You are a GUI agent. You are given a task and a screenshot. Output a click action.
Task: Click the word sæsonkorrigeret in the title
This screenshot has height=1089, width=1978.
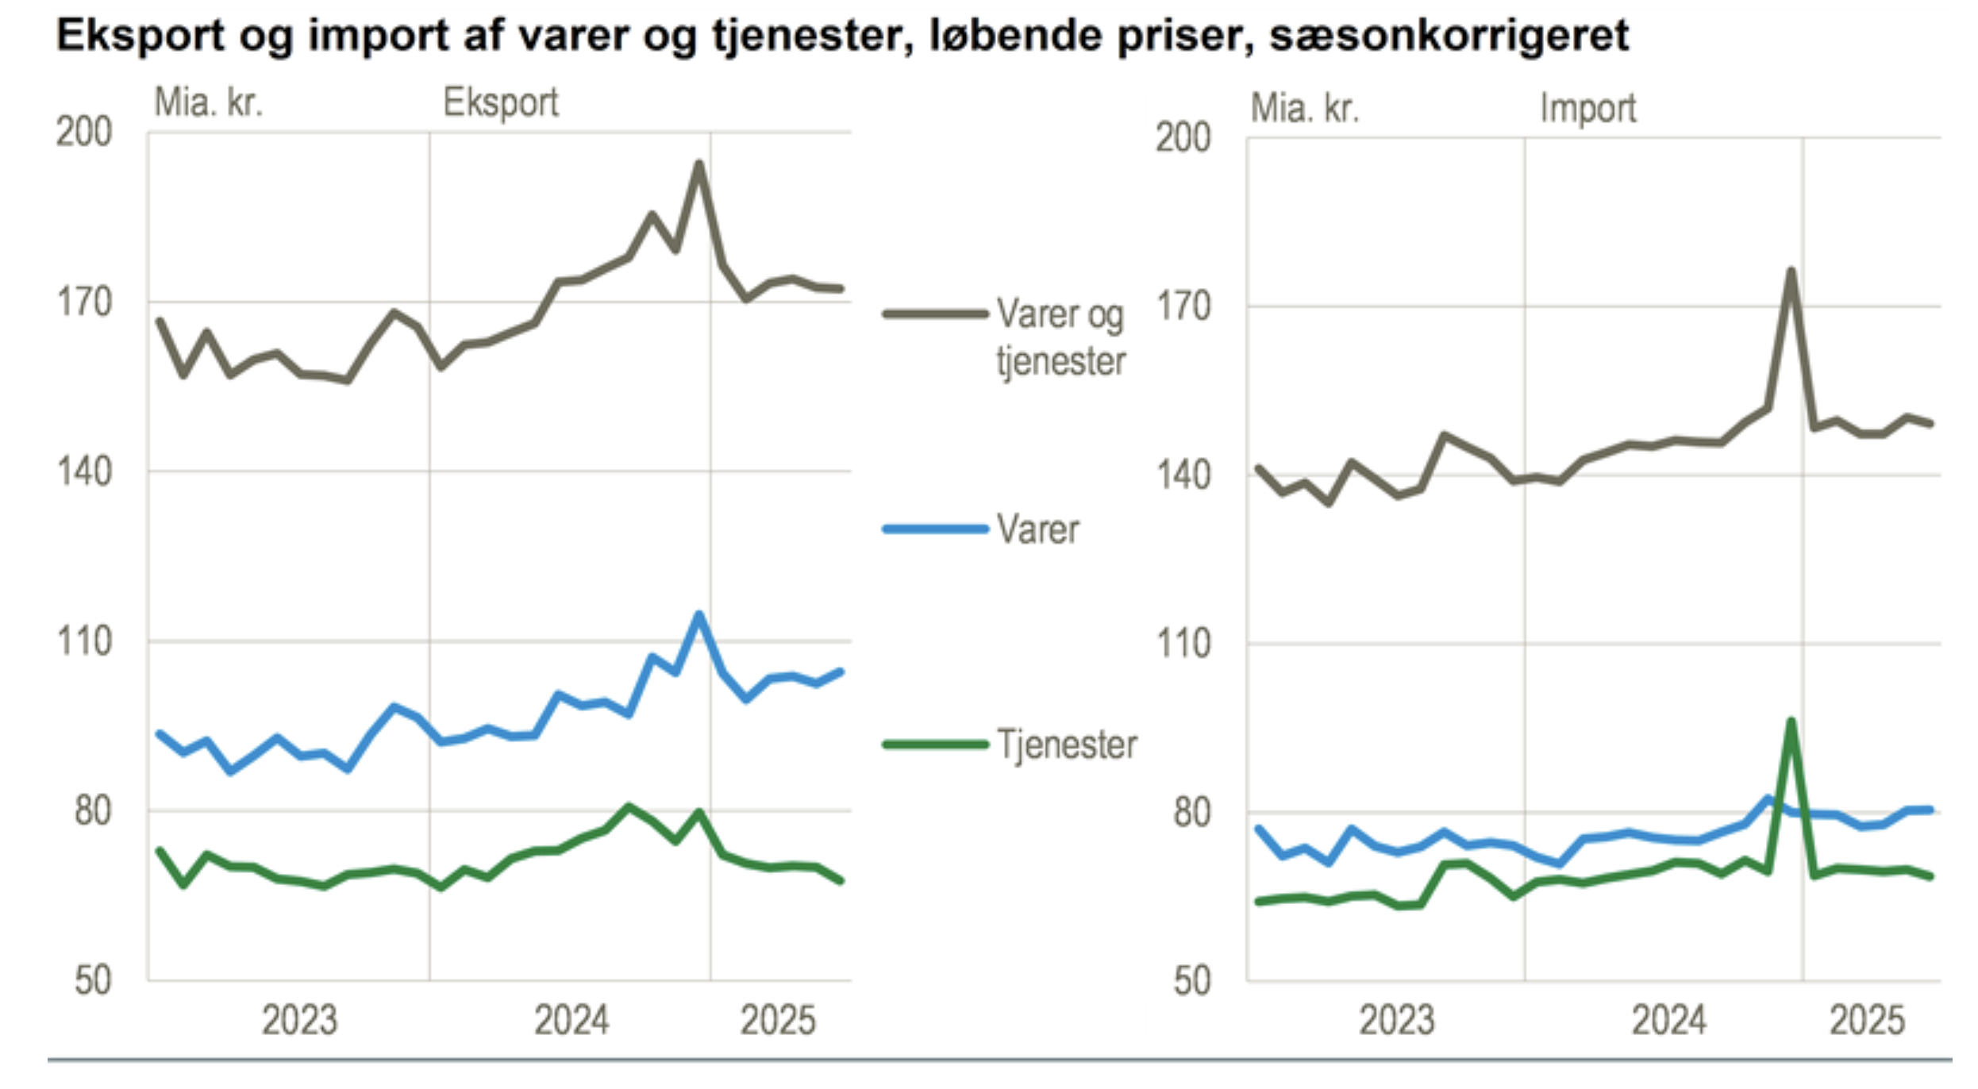point(1449,36)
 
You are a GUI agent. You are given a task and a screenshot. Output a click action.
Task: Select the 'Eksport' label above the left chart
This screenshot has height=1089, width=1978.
point(500,103)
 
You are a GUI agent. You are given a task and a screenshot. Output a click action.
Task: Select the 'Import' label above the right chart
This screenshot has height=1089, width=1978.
point(1587,108)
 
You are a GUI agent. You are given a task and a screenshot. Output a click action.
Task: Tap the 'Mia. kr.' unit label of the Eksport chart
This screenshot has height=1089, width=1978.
point(208,103)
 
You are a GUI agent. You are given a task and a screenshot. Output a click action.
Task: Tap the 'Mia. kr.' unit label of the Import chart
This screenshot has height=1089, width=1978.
point(1305,108)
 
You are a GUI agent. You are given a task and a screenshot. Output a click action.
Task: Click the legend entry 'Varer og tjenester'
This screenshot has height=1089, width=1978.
point(1060,337)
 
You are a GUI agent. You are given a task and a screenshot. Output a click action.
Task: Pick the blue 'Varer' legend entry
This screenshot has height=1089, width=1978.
point(1037,529)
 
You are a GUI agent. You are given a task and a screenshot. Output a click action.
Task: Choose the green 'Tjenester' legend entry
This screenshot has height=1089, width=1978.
point(1066,745)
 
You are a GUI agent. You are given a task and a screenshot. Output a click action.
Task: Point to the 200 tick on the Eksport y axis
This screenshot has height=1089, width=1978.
point(84,133)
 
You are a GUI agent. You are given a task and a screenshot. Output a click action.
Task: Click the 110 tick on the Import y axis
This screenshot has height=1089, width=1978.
point(1183,644)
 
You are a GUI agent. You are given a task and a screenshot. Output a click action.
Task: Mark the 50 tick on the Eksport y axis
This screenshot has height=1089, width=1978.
point(93,981)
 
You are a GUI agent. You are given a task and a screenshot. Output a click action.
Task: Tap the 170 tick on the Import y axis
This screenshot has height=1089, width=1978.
point(1183,307)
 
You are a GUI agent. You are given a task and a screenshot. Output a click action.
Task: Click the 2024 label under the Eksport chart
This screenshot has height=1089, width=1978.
point(571,1021)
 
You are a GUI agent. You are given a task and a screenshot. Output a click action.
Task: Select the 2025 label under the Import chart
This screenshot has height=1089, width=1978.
point(1867,1021)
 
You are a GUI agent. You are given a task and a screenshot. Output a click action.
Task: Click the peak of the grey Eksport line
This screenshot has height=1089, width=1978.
point(698,164)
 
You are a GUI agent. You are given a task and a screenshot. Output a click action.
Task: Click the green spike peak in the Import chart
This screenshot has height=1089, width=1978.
point(1791,721)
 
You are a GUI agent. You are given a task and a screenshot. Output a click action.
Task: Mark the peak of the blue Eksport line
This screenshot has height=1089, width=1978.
point(698,614)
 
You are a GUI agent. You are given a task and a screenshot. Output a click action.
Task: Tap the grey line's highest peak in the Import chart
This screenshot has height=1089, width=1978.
point(1791,271)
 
